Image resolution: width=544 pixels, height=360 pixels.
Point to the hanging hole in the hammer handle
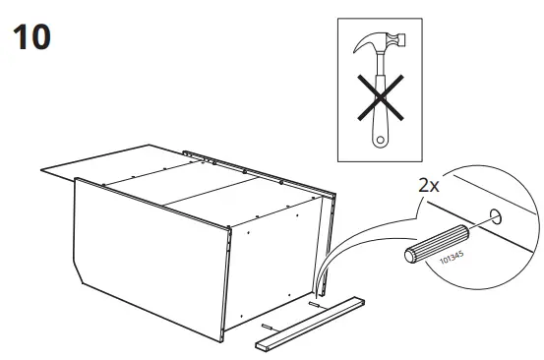tap(377, 138)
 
